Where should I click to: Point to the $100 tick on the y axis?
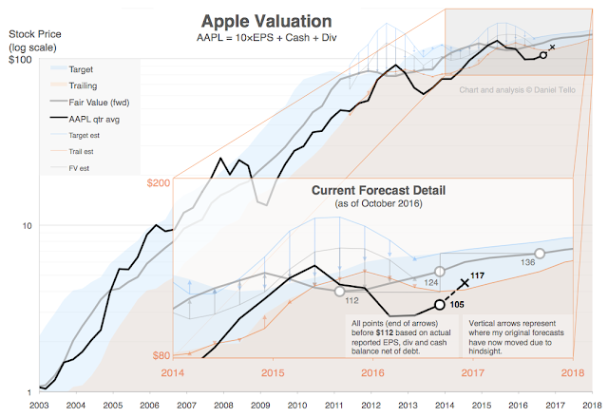[20, 60]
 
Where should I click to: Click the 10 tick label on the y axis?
[25, 225]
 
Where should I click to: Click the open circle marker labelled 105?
[439, 304]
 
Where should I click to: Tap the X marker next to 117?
[465, 282]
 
